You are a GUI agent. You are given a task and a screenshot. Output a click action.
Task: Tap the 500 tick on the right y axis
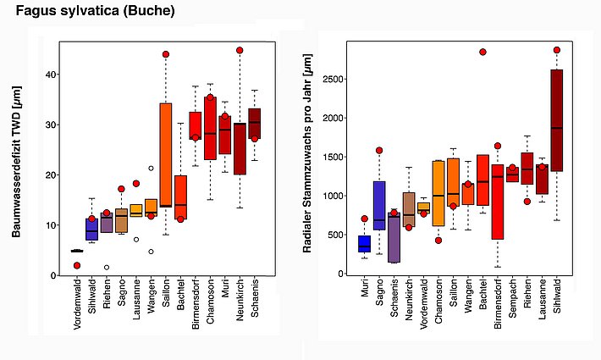pyautogui.click(x=343, y=235)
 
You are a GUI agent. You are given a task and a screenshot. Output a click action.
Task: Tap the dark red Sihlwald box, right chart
pyautogui.click(x=556, y=120)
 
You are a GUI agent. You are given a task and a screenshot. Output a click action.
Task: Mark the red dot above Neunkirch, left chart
pyautogui.click(x=240, y=51)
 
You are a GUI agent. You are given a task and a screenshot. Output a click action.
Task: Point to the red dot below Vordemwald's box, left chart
pyautogui.click(x=77, y=265)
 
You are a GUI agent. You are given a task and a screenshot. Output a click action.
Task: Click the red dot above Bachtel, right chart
pyautogui.click(x=482, y=52)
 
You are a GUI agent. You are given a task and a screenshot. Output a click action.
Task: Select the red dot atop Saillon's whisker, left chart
pyautogui.click(x=166, y=54)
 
